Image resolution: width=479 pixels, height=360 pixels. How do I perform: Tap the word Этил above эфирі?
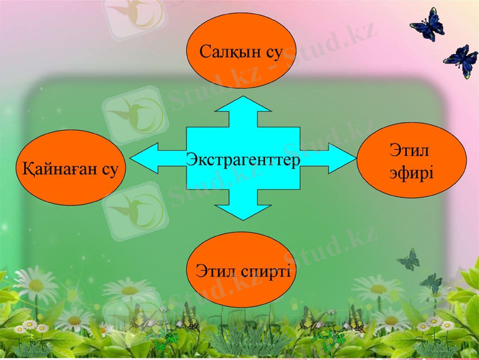[410, 150]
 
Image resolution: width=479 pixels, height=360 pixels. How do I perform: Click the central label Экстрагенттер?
[243, 160]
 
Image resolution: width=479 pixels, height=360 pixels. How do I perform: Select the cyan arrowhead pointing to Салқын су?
[243, 104]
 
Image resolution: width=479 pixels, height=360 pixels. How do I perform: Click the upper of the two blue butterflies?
[427, 26]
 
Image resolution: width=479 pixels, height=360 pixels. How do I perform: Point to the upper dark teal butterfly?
[409, 260]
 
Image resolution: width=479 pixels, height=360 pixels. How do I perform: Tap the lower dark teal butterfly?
[432, 283]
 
